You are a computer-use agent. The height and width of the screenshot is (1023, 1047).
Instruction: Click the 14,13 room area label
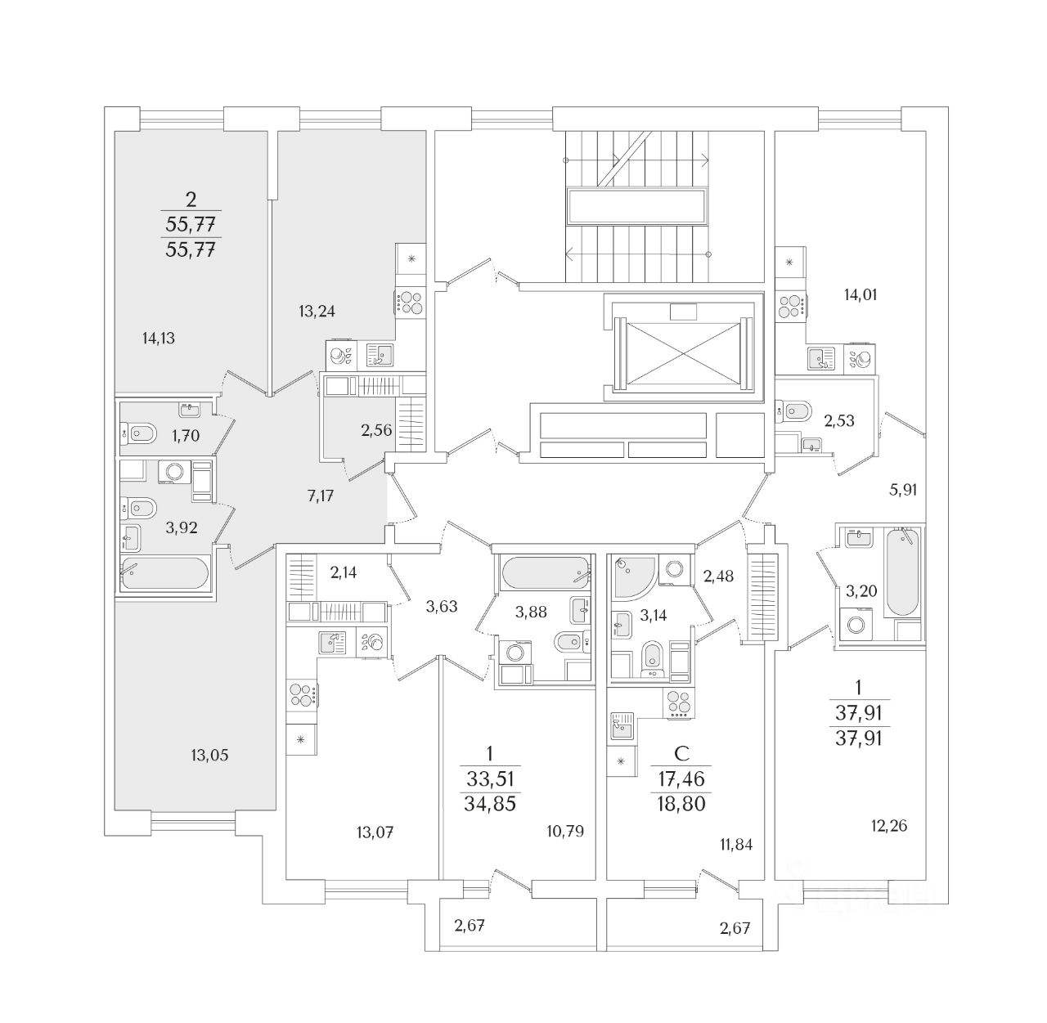(158, 339)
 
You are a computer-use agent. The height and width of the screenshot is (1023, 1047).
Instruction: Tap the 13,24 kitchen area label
(317, 311)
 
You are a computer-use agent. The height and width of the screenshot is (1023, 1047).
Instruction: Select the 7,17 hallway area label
(320, 496)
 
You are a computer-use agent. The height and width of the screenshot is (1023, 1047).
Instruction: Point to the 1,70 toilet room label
(186, 435)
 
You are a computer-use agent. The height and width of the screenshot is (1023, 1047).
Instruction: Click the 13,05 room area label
(209, 755)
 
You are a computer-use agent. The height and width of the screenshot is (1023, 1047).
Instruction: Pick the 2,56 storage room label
(375, 430)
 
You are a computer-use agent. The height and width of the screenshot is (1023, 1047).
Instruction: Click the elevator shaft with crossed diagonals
(683, 353)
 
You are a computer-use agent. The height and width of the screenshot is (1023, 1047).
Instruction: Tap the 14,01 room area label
(861, 294)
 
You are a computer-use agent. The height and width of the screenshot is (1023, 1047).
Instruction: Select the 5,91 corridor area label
(903, 490)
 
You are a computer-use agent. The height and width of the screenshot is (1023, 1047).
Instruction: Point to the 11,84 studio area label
(736, 845)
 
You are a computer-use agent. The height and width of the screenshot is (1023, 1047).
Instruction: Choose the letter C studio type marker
(681, 753)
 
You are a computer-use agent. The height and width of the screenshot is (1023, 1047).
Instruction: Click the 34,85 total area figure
(490, 804)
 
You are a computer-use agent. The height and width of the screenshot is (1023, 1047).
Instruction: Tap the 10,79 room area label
(565, 831)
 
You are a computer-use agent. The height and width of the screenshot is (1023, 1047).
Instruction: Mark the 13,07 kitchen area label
(375, 833)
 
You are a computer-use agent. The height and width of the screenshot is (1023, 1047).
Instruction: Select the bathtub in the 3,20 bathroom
(902, 572)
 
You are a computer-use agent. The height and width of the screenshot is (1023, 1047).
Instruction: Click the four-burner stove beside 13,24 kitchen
(411, 303)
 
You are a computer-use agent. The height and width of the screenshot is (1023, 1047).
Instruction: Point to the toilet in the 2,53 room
(797, 411)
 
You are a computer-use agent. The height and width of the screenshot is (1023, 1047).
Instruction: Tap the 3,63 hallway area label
(441, 606)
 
